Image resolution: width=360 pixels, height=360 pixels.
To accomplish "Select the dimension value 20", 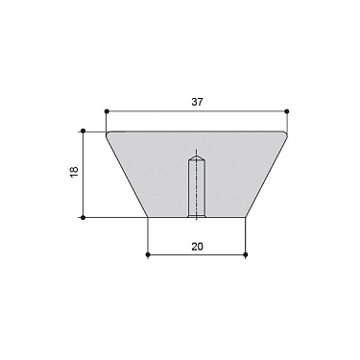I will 197,246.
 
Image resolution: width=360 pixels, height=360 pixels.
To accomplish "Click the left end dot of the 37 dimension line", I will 107,110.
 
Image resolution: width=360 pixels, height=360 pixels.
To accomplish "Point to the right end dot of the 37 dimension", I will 287,110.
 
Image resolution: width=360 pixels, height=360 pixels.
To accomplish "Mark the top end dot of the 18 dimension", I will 84,131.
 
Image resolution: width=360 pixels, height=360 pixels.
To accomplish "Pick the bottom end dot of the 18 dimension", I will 84,218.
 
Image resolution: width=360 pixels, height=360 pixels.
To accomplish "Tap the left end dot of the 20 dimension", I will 147,255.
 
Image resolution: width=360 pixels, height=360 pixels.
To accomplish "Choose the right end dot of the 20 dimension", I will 247,255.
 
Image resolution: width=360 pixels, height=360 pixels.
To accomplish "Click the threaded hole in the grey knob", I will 196,187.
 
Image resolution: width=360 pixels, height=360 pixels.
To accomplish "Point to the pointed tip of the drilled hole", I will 196,152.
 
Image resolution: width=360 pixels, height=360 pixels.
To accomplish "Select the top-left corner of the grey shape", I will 107,132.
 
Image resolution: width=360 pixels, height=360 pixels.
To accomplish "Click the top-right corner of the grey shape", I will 287,132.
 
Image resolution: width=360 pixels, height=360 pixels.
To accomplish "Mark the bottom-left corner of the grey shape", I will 147,217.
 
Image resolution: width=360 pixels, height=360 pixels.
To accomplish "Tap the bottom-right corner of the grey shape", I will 247,217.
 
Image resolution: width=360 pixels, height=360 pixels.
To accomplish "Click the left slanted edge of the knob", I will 127,176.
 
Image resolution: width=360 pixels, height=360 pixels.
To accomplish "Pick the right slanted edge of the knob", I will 267,176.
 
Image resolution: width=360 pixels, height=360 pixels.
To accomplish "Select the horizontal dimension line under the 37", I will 154,110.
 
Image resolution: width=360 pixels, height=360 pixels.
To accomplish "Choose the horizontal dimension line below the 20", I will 173,255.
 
